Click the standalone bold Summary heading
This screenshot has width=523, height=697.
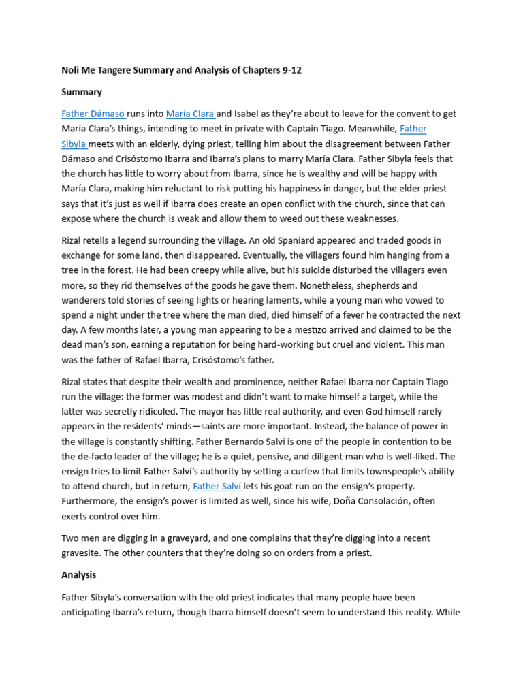[82, 92]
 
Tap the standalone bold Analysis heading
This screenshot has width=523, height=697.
[79, 575]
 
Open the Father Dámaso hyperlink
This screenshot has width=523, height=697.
[93, 114]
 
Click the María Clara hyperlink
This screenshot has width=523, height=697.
[190, 114]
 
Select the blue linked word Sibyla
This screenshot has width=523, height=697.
[74, 144]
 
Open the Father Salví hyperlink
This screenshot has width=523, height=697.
[217, 486]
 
